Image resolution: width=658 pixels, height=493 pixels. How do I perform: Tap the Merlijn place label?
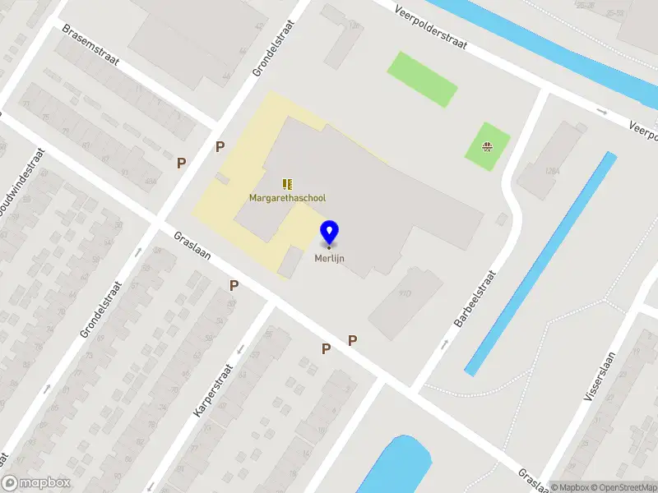(x=330, y=257)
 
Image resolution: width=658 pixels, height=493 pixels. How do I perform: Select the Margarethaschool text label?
(x=288, y=198)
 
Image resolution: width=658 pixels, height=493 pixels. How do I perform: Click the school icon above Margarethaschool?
(x=288, y=184)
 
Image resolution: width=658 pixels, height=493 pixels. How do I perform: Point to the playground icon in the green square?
(x=487, y=148)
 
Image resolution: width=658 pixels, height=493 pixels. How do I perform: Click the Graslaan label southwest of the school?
(x=192, y=244)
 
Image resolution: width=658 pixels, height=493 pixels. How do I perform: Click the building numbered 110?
(x=404, y=293)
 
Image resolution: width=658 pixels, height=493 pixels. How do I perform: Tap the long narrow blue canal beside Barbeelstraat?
(x=540, y=262)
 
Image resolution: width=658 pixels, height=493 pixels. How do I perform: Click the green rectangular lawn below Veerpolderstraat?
(x=422, y=78)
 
